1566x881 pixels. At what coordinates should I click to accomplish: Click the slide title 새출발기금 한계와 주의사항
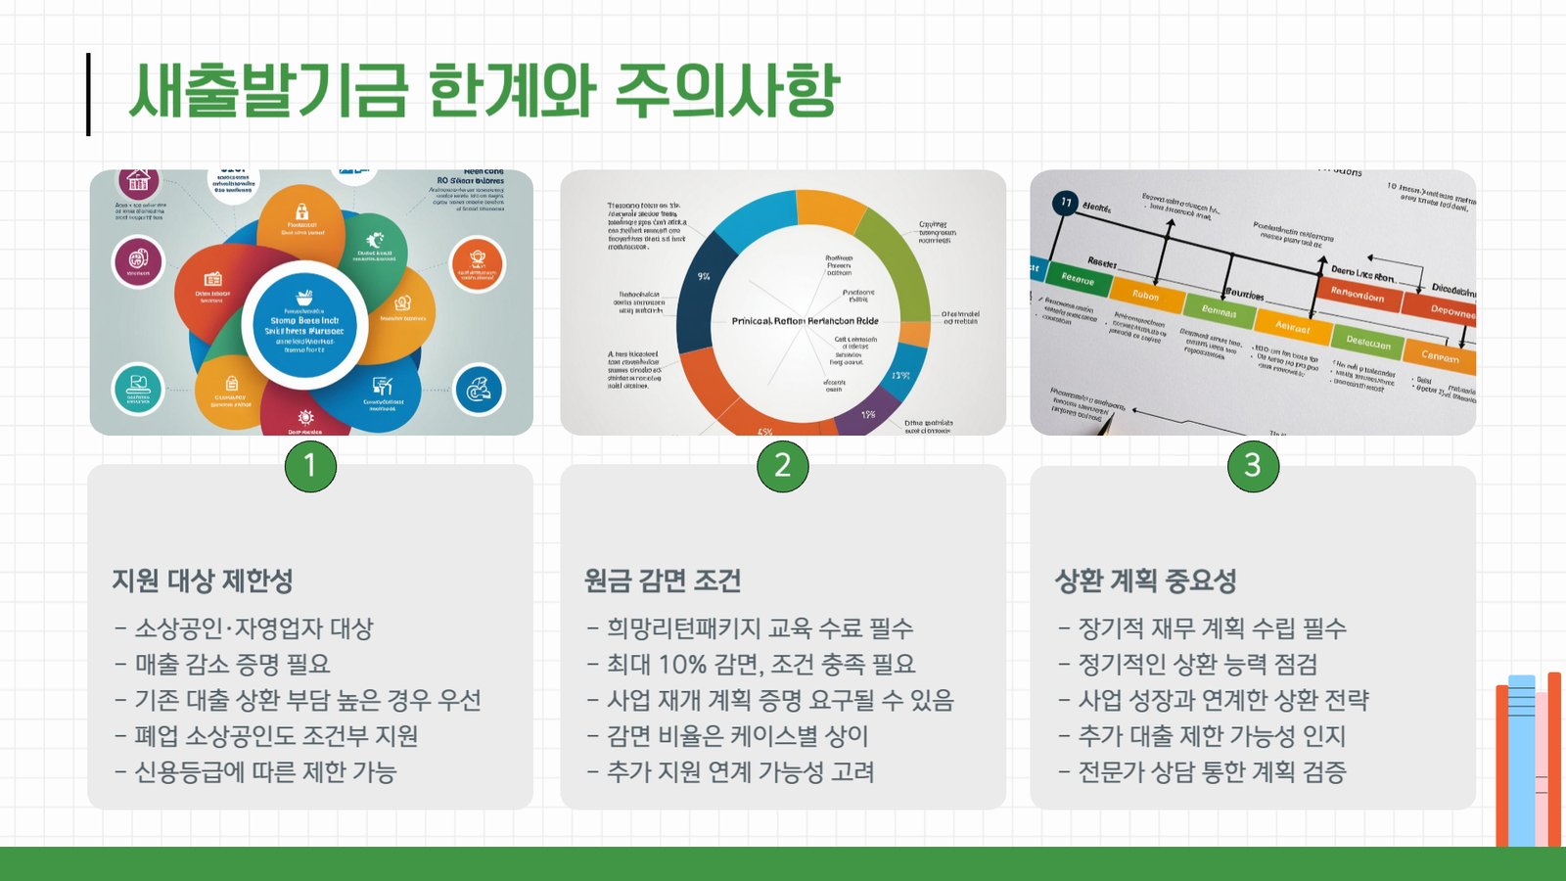point(484,91)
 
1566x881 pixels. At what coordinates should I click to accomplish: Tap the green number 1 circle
point(310,466)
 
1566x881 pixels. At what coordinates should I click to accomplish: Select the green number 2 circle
point(782,466)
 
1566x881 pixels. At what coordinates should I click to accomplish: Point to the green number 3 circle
point(1253,466)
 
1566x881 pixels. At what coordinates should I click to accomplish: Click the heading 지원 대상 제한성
point(203,580)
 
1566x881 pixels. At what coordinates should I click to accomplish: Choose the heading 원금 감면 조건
point(663,580)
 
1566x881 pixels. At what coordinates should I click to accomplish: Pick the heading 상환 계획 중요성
point(1145,580)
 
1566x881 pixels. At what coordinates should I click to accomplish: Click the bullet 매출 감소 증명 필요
point(232,665)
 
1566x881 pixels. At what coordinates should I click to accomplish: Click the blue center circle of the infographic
point(304,327)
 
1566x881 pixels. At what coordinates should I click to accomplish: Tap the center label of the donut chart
point(805,321)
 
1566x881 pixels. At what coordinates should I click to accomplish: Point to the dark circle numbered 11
point(1065,203)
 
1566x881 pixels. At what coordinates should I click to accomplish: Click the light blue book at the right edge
point(1521,759)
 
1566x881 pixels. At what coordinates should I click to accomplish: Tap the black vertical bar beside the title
point(88,94)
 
